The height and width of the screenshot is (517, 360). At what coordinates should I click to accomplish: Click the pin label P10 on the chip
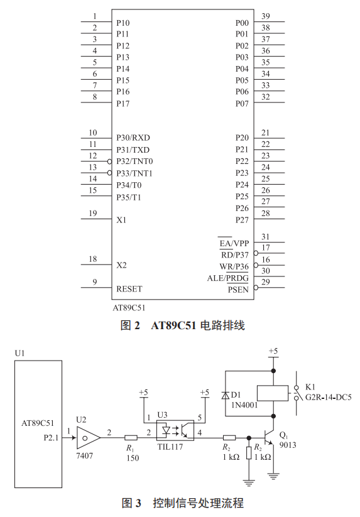[123, 23]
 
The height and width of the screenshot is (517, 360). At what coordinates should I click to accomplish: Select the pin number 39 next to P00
[266, 16]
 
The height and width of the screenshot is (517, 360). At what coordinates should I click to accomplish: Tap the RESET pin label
[129, 289]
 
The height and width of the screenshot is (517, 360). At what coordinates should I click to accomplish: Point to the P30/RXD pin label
[133, 138]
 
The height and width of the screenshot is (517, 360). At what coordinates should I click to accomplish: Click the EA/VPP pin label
[234, 243]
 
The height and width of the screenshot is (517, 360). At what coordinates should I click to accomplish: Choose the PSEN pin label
[238, 290]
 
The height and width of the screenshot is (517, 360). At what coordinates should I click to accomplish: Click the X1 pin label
[121, 220]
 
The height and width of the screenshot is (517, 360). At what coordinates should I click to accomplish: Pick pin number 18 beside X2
[92, 259]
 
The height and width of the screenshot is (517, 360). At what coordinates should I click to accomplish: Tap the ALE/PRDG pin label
[228, 278]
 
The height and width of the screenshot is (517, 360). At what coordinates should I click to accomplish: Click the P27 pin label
[243, 220]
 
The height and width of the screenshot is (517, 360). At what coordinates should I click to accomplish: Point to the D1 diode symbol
[225, 395]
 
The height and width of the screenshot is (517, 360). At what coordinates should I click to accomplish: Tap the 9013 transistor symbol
[271, 438]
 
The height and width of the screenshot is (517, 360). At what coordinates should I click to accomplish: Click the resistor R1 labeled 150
[131, 438]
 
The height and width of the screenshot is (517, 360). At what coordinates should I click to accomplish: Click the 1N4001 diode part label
[244, 405]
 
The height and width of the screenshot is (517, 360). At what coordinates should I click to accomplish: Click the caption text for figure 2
[182, 325]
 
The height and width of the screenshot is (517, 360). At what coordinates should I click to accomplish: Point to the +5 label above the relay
[273, 351]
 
